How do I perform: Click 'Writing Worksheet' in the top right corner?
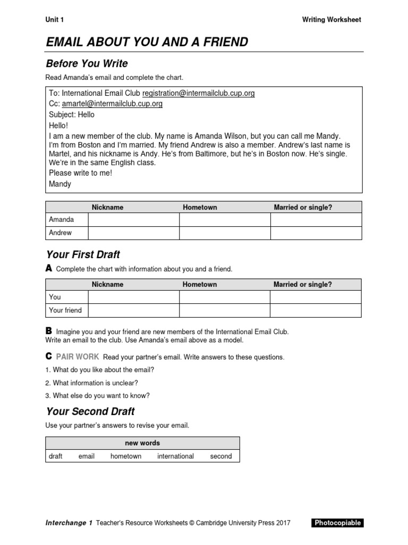(331, 20)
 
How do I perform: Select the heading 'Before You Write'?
(87, 64)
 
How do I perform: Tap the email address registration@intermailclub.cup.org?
(198, 93)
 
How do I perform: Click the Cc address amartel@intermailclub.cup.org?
(112, 104)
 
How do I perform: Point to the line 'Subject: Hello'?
(72, 114)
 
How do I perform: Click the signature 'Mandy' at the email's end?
(59, 184)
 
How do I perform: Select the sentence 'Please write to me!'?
(80, 173)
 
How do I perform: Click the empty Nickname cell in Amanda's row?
(133, 220)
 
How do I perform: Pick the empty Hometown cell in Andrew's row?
(225, 233)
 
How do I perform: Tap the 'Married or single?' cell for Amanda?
(316, 220)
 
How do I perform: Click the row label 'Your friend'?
(65, 310)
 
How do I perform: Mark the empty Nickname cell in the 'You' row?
(133, 297)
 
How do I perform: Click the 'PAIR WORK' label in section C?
(78, 357)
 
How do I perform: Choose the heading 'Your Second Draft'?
(90, 411)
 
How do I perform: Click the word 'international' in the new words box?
(175, 456)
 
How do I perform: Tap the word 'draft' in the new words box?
(55, 456)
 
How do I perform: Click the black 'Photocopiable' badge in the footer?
(337, 523)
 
